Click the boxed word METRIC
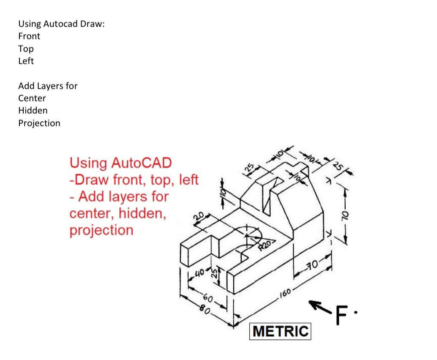(x=281, y=331)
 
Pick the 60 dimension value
(x=208, y=301)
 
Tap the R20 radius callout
(x=267, y=244)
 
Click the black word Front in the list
(x=29, y=36)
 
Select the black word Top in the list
(x=26, y=49)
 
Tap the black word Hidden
(x=33, y=111)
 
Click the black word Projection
(x=39, y=123)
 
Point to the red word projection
(x=101, y=230)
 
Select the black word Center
(x=32, y=98)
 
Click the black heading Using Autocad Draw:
(x=61, y=24)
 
